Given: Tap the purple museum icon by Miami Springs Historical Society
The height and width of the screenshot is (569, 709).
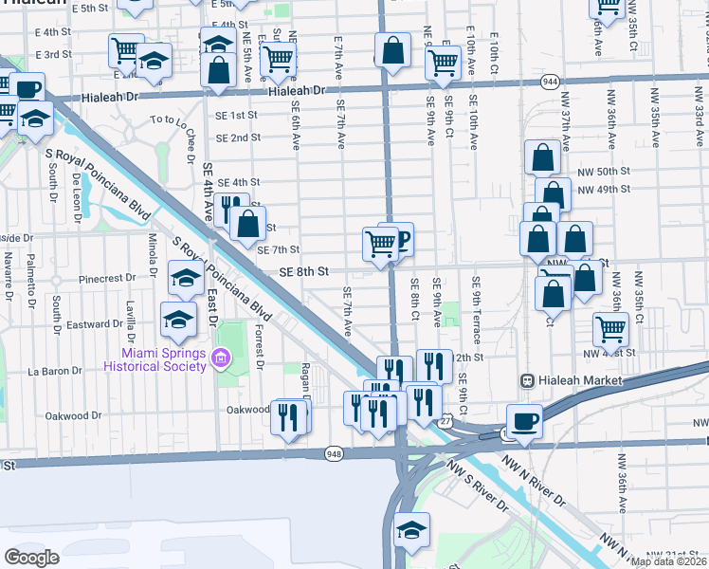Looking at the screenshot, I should pos(222,359).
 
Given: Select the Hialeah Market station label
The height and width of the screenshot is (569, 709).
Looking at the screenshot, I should pos(578,380).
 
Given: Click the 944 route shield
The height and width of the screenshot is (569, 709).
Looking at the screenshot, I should pos(550,83).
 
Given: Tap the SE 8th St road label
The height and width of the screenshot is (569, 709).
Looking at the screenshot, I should pos(303,271).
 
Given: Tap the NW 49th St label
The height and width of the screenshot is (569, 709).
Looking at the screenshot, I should pos(607,189).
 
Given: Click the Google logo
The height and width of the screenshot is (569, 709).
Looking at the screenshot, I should pos(31,558).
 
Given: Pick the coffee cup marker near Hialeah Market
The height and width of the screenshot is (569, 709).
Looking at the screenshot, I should pos(523,421).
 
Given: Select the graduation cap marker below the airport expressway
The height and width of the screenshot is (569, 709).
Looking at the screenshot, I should pos(411,530).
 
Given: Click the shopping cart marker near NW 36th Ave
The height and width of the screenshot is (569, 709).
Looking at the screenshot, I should pos(611,329).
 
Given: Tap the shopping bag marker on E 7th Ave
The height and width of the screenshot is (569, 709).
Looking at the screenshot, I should pos(392,50).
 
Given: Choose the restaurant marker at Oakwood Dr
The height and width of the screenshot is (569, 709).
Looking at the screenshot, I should pos(290,415).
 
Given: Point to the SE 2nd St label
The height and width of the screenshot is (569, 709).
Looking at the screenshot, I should pos(238,138).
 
